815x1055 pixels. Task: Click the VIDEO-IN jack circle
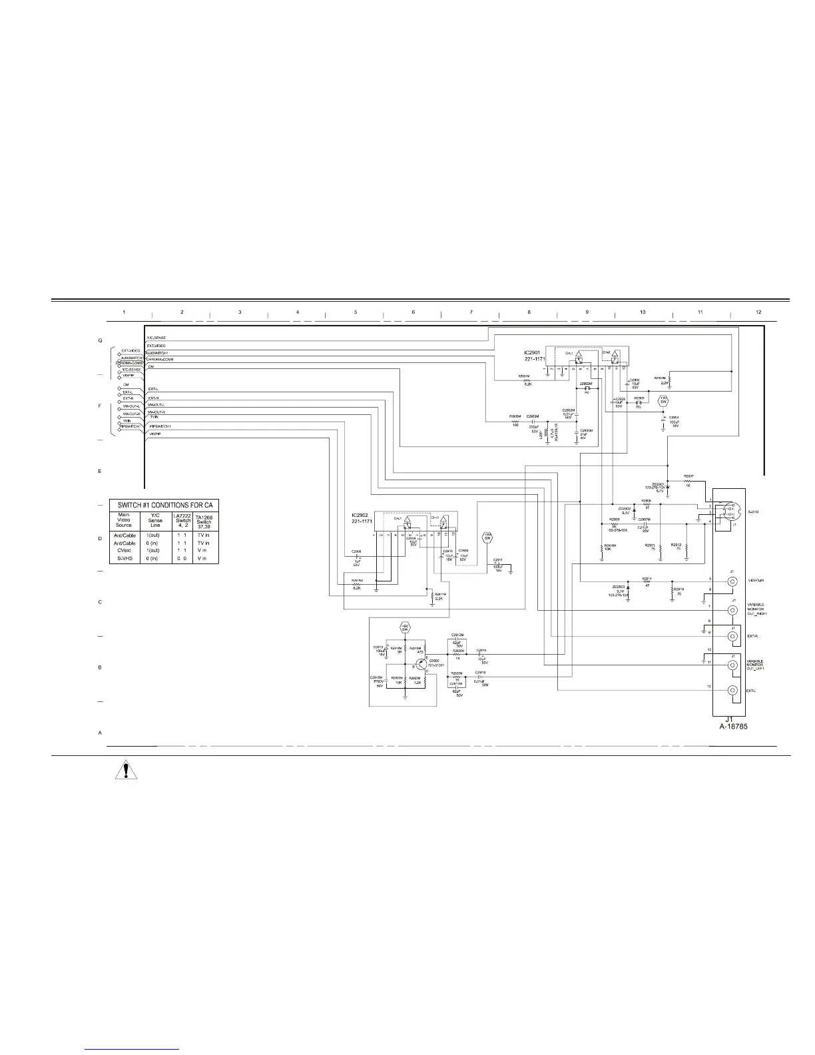[732, 581]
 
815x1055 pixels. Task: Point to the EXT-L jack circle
[732, 691]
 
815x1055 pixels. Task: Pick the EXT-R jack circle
[732, 636]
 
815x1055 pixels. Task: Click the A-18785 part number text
[733, 727]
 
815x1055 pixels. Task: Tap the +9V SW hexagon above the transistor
[404, 627]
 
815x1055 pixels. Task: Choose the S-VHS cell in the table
[123, 558]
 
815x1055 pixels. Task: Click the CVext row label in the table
[123, 550]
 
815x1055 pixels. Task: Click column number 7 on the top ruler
[471, 312]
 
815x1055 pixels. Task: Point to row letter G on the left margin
[100, 341]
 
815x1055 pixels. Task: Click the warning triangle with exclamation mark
[125, 771]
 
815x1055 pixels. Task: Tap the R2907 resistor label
[688, 476]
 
